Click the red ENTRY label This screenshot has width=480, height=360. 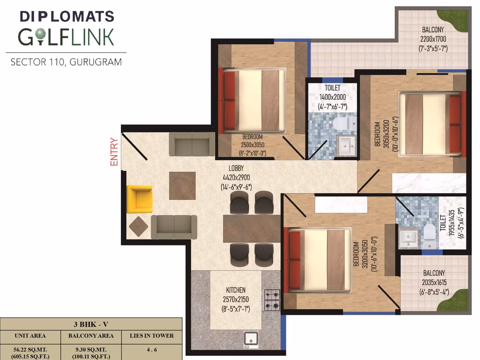click(x=114, y=152)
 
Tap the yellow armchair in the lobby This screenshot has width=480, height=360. click(x=139, y=199)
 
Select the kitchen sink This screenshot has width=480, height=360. click(x=251, y=340)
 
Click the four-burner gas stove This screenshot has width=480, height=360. click(x=272, y=300)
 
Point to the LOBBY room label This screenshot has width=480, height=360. click(x=236, y=168)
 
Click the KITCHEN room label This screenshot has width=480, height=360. click(x=236, y=290)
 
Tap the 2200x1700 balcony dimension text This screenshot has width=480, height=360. click(x=433, y=39)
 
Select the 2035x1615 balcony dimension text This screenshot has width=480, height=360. click(x=434, y=282)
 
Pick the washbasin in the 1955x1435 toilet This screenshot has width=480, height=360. click(x=409, y=238)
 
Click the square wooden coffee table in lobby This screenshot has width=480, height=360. click(x=182, y=186)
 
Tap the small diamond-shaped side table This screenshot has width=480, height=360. click(x=138, y=226)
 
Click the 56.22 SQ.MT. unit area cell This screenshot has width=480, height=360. click(x=30, y=350)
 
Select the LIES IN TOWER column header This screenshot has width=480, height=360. click(x=151, y=336)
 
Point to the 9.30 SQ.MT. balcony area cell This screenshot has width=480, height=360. click(x=91, y=350)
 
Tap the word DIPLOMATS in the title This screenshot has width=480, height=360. click(x=67, y=17)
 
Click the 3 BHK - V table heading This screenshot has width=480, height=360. click(x=91, y=324)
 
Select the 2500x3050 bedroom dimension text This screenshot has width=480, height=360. click(x=252, y=145)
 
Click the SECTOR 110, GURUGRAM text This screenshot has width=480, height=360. click(x=66, y=62)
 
